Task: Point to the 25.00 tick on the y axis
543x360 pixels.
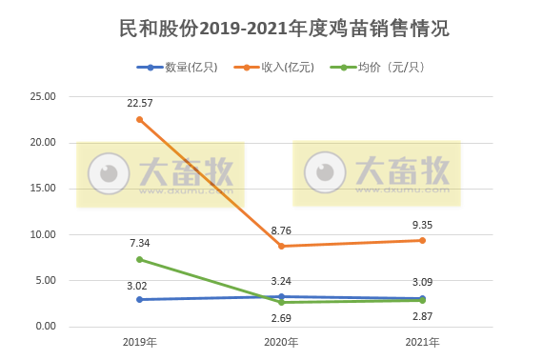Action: (44, 97)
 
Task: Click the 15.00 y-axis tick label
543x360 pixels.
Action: (44, 189)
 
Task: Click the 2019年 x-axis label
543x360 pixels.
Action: (140, 342)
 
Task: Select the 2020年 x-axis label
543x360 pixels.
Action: (280, 342)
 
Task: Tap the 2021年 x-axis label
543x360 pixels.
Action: (421, 342)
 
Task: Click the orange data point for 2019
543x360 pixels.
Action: (140, 120)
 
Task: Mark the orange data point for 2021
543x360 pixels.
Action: (422, 240)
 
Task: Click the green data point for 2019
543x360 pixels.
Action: (140, 259)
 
